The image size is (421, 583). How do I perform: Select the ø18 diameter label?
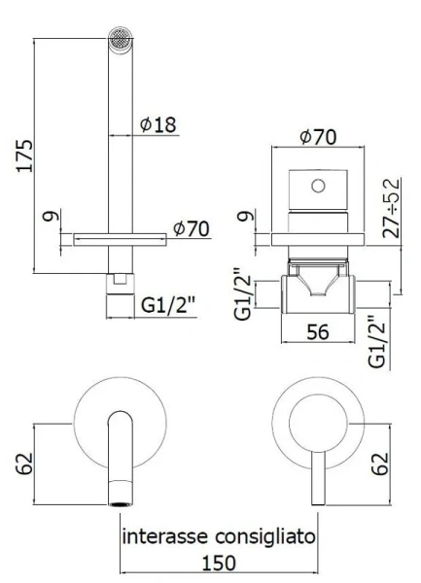pos(158,124)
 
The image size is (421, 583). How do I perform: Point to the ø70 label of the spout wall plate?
pos(192,228)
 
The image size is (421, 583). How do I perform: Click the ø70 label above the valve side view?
pos(317,137)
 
